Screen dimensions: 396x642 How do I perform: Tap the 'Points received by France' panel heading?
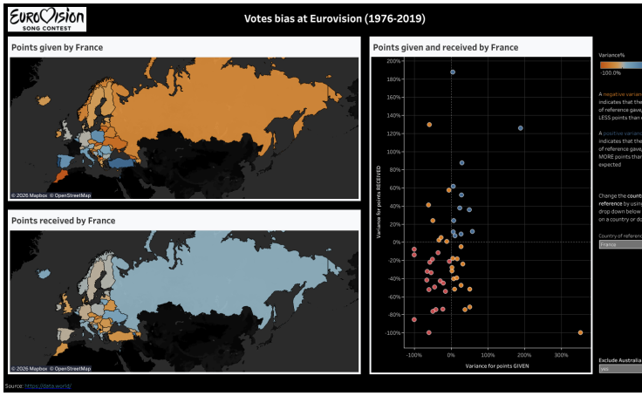(x=64, y=221)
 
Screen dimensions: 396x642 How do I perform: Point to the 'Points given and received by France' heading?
(x=445, y=47)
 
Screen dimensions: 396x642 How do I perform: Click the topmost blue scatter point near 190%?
(x=453, y=72)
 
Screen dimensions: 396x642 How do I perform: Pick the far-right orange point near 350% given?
(x=580, y=332)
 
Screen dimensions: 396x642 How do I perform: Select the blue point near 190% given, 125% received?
(x=521, y=128)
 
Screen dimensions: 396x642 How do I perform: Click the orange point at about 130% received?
(x=429, y=125)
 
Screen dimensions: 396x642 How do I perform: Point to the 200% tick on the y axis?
(x=393, y=62)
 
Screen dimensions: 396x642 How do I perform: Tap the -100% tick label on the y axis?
(x=392, y=333)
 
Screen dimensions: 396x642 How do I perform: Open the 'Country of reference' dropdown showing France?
(x=620, y=245)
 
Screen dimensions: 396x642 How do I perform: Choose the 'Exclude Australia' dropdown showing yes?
(x=620, y=369)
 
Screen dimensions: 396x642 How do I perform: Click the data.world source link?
(x=48, y=386)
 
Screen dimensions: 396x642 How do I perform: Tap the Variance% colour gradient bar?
(x=620, y=65)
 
